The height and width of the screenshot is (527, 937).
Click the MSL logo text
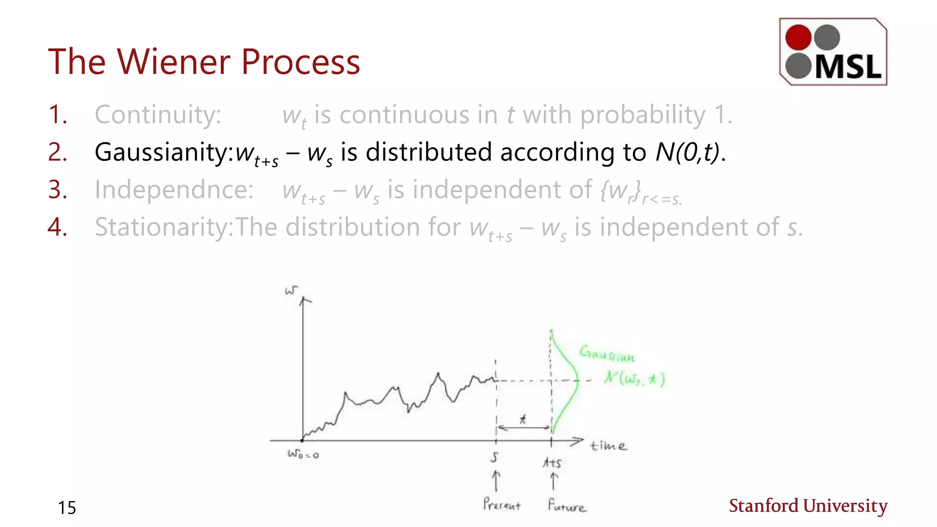coord(848,67)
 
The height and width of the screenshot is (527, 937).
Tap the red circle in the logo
coord(798,37)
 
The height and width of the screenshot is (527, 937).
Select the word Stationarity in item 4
coord(163,227)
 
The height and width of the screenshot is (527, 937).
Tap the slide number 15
coord(67,508)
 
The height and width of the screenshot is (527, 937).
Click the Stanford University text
coord(808,506)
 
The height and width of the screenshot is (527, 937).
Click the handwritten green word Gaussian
coord(607,354)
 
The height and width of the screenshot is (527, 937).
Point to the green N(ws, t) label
coord(634,379)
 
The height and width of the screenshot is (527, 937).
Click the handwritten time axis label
coord(608,446)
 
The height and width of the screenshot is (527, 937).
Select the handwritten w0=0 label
coord(303,454)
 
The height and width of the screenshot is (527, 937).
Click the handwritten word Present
coord(501,505)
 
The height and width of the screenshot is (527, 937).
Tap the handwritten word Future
coord(566,505)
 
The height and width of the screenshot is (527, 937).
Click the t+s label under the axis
coord(552,463)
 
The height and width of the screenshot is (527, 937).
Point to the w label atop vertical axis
coord(291,290)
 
